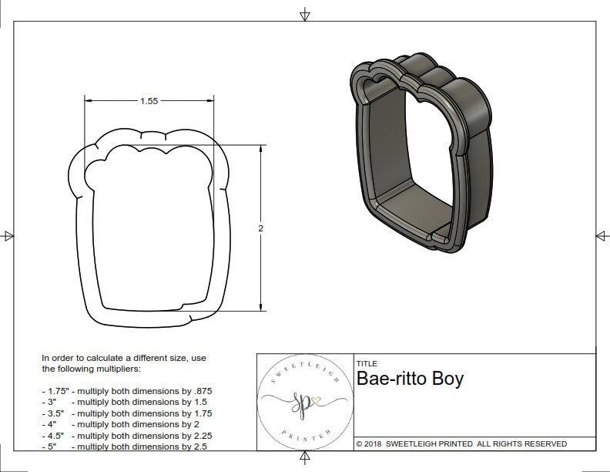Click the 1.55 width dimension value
151,101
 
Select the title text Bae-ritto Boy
410,379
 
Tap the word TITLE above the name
367,363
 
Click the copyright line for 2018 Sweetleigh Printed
461,443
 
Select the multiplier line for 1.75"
126,392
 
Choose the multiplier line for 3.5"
126,413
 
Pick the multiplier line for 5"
123,446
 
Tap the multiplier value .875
202,392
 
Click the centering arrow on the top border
305,15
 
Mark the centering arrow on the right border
602,235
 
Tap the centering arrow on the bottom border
305,461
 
